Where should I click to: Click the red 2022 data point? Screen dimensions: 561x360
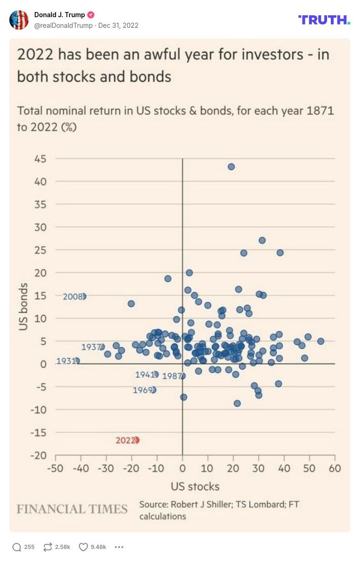coord(136,440)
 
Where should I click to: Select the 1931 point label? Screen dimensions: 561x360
coord(66,361)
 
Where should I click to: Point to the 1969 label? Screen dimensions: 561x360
coord(142,390)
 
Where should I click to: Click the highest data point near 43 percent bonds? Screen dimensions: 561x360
coord(231,166)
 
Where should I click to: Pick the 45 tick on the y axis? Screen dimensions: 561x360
coord(40,159)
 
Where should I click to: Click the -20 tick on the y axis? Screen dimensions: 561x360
coord(39,455)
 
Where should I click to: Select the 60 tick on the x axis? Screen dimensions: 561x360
coord(335,468)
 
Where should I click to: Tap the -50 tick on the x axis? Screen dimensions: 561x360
coord(56,468)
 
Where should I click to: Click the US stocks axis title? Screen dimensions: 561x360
coord(195,486)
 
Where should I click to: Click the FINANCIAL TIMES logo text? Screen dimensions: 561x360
coord(72,509)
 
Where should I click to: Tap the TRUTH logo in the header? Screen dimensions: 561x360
coord(324,19)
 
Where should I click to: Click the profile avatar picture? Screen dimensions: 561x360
coord(19,19)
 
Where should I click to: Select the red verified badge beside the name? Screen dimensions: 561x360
coord(91,15)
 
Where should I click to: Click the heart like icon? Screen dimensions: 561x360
coord(83,547)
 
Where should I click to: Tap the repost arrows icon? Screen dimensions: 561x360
coord(48,547)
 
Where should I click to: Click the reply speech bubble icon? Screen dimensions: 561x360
coord(17,547)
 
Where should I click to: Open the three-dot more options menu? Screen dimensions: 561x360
coord(119,547)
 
